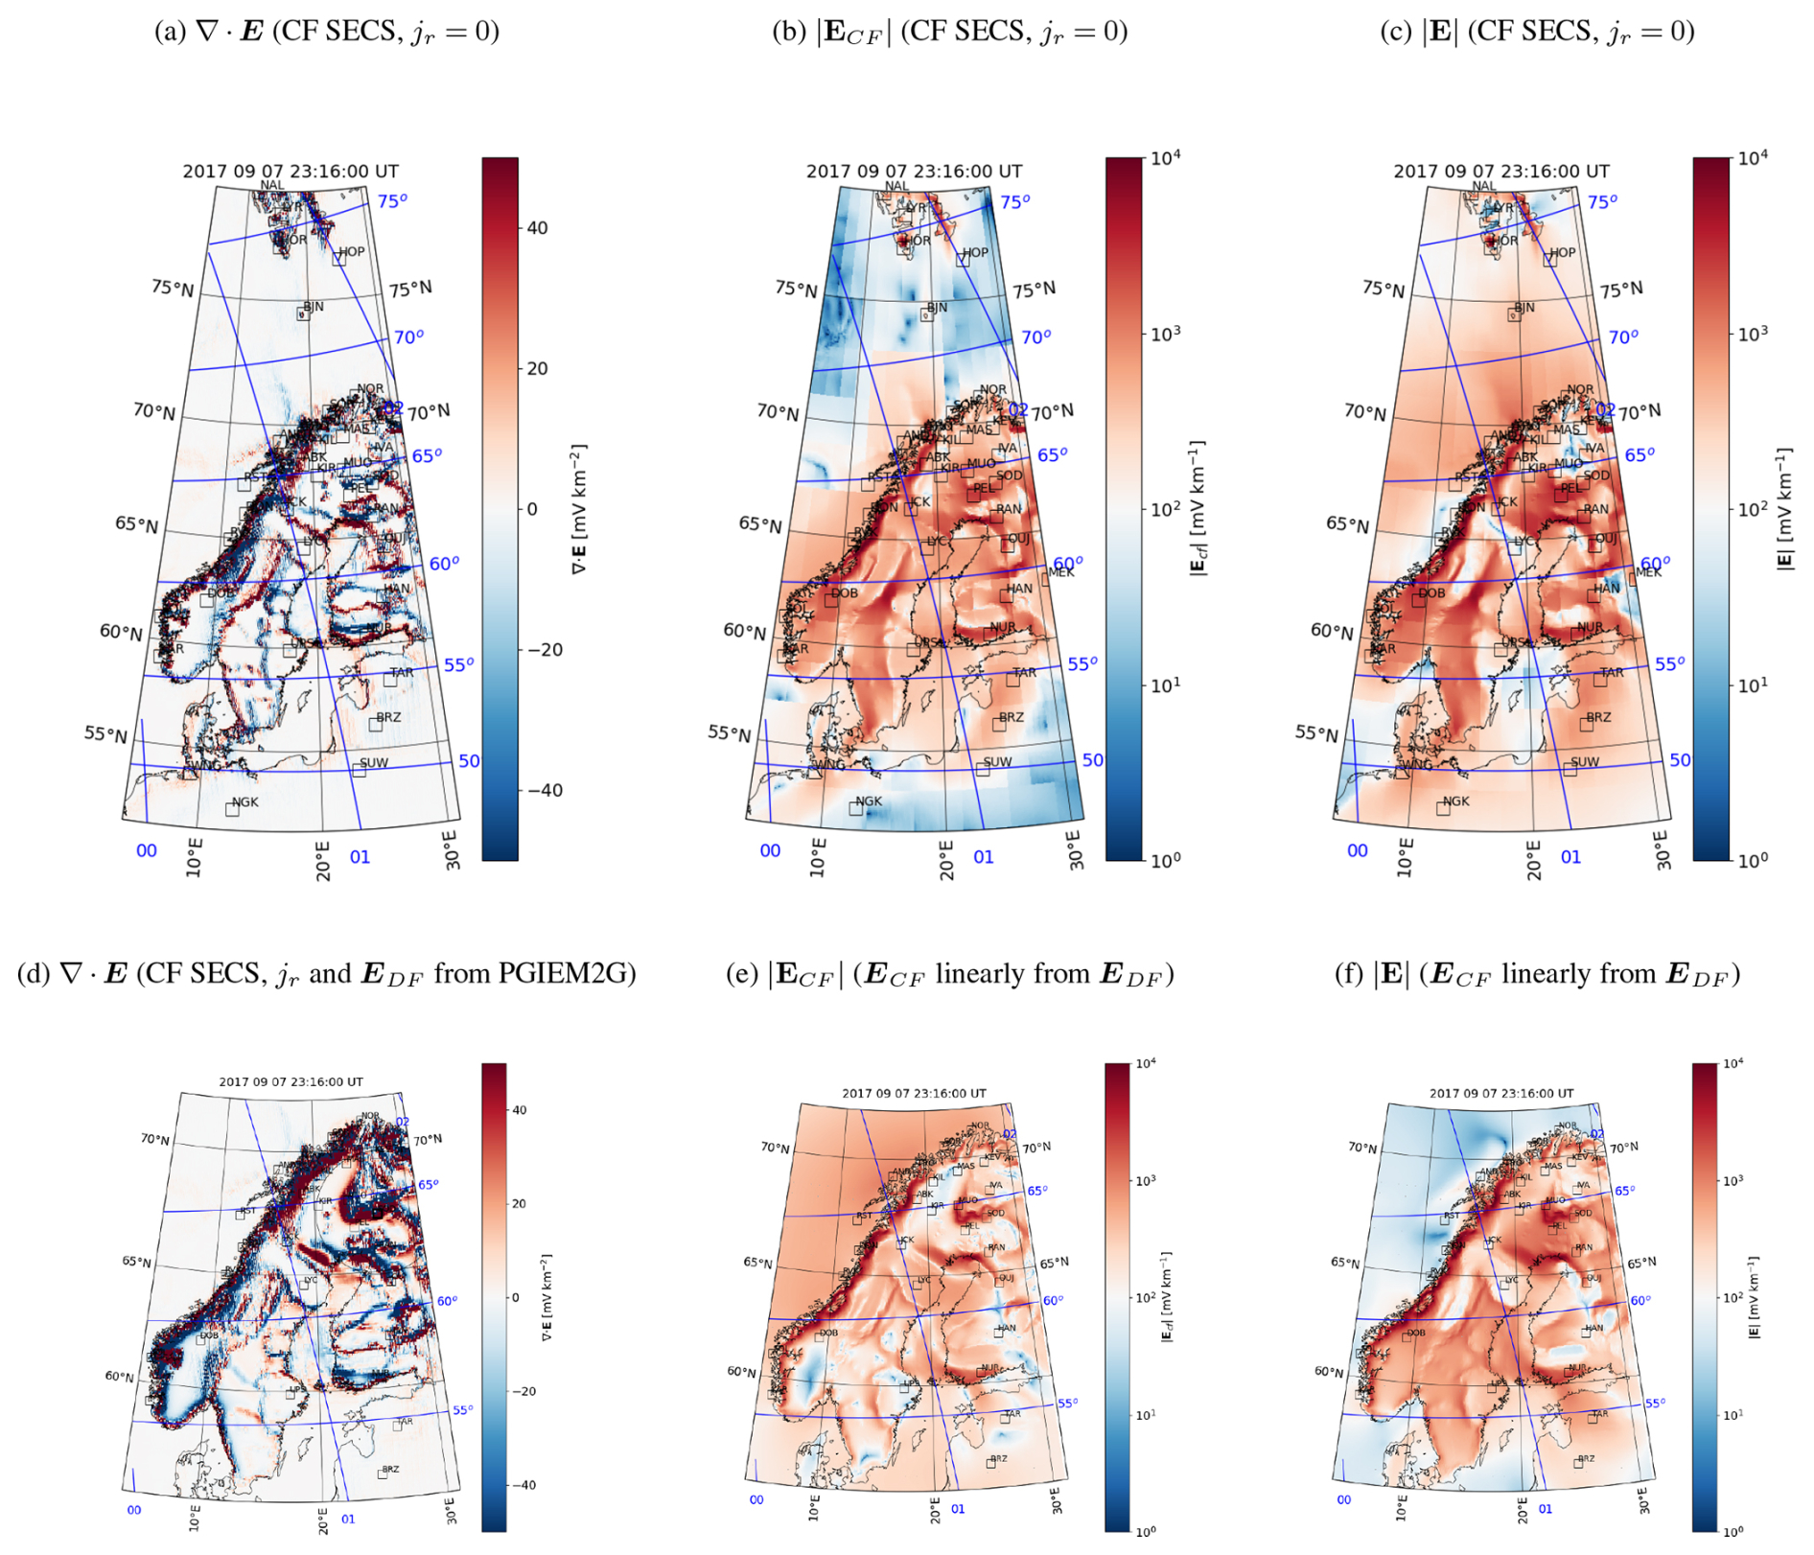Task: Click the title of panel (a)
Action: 327,32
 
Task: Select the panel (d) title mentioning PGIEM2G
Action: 327,974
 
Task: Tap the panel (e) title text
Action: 949,974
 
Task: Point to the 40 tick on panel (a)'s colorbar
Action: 538,228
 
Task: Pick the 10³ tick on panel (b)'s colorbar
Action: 1165,334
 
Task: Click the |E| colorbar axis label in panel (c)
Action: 1784,508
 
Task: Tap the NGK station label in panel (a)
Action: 244,802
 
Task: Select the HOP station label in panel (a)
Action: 351,252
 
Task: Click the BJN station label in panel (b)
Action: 937,308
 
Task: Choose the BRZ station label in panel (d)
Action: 390,1469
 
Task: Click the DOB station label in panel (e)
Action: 828,1333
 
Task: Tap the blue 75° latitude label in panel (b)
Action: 1015,201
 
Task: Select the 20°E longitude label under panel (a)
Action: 323,860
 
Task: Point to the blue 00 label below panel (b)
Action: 770,850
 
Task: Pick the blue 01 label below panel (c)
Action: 1570,857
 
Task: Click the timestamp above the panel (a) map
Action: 291,172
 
